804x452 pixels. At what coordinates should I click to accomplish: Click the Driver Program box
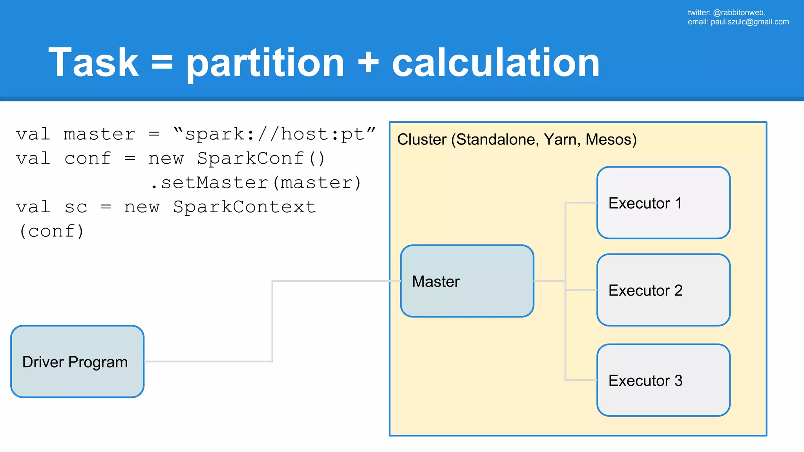point(77,361)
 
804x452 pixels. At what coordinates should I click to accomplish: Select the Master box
point(467,281)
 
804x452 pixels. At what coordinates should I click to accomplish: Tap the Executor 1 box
point(663,203)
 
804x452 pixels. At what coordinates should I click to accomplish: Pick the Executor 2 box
point(663,290)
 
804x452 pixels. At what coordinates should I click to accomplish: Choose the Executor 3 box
point(663,380)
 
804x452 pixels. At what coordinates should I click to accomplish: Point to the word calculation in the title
point(495,63)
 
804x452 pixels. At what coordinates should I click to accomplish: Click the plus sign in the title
point(368,63)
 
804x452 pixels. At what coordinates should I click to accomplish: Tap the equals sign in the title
point(162,63)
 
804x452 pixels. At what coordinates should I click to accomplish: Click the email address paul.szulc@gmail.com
point(749,22)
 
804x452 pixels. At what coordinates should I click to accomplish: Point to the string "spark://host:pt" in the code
point(275,135)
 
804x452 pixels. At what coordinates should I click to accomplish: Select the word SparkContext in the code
point(244,207)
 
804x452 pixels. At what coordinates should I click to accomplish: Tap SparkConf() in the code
point(261,159)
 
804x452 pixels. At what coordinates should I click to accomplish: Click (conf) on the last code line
point(51,231)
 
